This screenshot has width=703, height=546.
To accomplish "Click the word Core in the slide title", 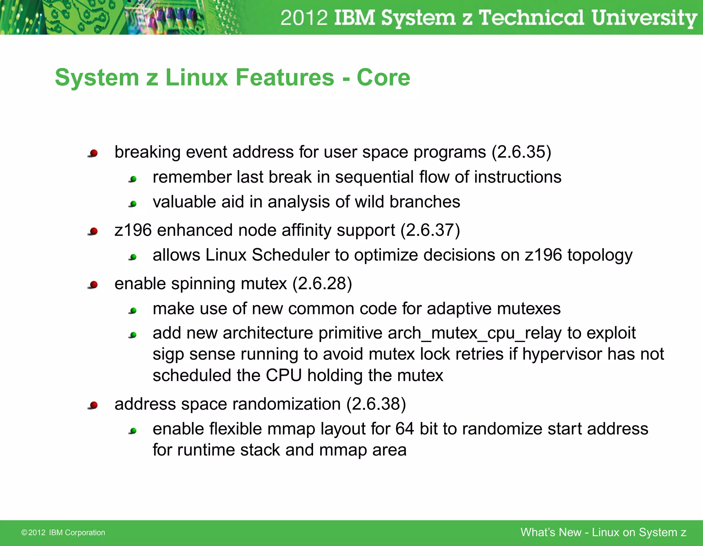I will [383, 78].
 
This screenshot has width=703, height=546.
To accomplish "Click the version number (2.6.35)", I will [521, 152].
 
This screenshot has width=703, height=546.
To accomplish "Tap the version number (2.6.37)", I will [430, 230].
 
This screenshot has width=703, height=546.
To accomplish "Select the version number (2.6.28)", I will [322, 284].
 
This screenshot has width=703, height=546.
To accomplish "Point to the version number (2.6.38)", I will [376, 404].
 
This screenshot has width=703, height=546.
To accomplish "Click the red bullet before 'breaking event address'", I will [93, 153].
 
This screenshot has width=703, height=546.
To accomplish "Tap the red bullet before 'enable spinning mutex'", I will [93, 285].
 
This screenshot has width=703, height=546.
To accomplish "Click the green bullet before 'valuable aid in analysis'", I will [133, 204].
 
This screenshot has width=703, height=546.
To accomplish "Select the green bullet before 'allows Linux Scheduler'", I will [133, 257].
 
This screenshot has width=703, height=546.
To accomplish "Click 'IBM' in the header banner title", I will [354, 18].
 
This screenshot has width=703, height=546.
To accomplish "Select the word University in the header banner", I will [644, 18].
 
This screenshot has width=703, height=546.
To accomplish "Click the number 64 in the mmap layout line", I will [404, 429].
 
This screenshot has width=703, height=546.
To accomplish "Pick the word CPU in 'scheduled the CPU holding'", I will [284, 375].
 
